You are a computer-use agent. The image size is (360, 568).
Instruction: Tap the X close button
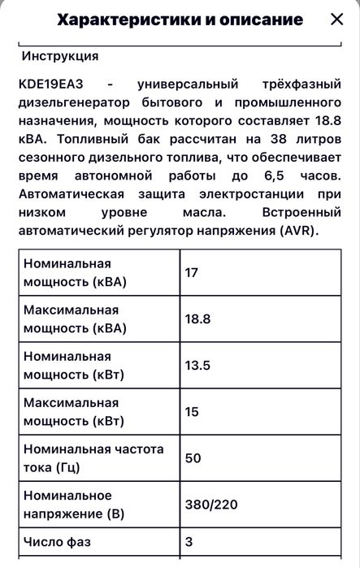pyautogui.click(x=336, y=20)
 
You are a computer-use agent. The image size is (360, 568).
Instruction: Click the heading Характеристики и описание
pyautogui.click(x=181, y=20)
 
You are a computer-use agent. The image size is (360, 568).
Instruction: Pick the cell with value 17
pyautogui.click(x=192, y=272)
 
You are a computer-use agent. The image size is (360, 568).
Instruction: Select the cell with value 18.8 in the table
pyautogui.click(x=198, y=319)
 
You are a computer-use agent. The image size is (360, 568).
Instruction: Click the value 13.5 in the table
pyautogui.click(x=198, y=366)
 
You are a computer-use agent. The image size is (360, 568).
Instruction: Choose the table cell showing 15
pyautogui.click(x=192, y=412)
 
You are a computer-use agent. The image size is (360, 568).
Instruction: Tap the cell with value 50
pyautogui.click(x=193, y=458)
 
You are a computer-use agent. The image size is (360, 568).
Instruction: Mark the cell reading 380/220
pyautogui.click(x=211, y=505)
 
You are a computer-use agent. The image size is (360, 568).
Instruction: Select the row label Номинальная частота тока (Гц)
pyautogui.click(x=93, y=458)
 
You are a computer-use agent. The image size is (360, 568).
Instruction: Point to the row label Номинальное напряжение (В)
pyautogui.click(x=75, y=505)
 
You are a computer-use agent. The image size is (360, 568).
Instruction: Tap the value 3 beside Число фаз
pyautogui.click(x=189, y=542)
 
